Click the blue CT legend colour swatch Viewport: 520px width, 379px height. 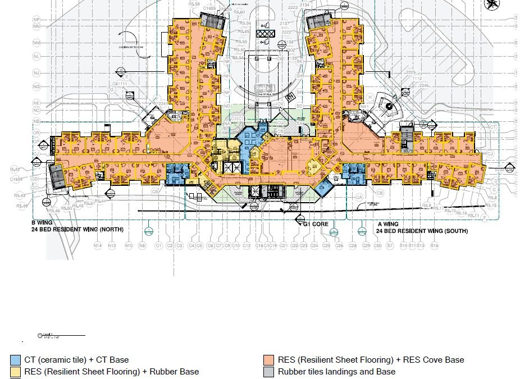tap(14, 360)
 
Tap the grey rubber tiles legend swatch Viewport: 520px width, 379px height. tap(268, 372)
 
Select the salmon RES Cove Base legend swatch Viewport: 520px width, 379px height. tap(268, 360)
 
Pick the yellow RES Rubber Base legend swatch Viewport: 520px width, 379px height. tap(14, 372)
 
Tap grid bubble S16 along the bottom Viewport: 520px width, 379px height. tap(434, 245)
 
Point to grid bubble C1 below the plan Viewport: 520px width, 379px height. tap(159, 245)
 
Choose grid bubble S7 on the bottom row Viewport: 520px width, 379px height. tap(390, 245)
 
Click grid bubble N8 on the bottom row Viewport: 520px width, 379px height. tap(142, 245)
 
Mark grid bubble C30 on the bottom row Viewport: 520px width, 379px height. tap(378, 245)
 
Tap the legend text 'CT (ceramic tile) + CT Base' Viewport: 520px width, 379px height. tap(76, 360)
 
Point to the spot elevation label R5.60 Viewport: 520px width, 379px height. tap(239, 12)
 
